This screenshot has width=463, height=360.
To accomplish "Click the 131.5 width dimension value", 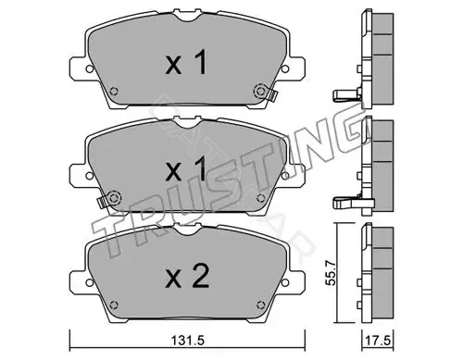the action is (x=188, y=341).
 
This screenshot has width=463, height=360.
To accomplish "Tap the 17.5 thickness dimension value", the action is (x=378, y=341).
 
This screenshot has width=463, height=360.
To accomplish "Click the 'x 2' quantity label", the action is (x=187, y=277).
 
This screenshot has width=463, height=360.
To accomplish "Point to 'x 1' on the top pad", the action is (x=186, y=63).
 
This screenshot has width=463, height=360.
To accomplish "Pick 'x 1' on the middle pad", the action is (x=186, y=168).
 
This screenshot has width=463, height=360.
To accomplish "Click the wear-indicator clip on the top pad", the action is (x=272, y=95).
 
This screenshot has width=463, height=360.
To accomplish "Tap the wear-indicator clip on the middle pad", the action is (x=102, y=202).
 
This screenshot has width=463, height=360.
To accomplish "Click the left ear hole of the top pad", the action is (x=89, y=69).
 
